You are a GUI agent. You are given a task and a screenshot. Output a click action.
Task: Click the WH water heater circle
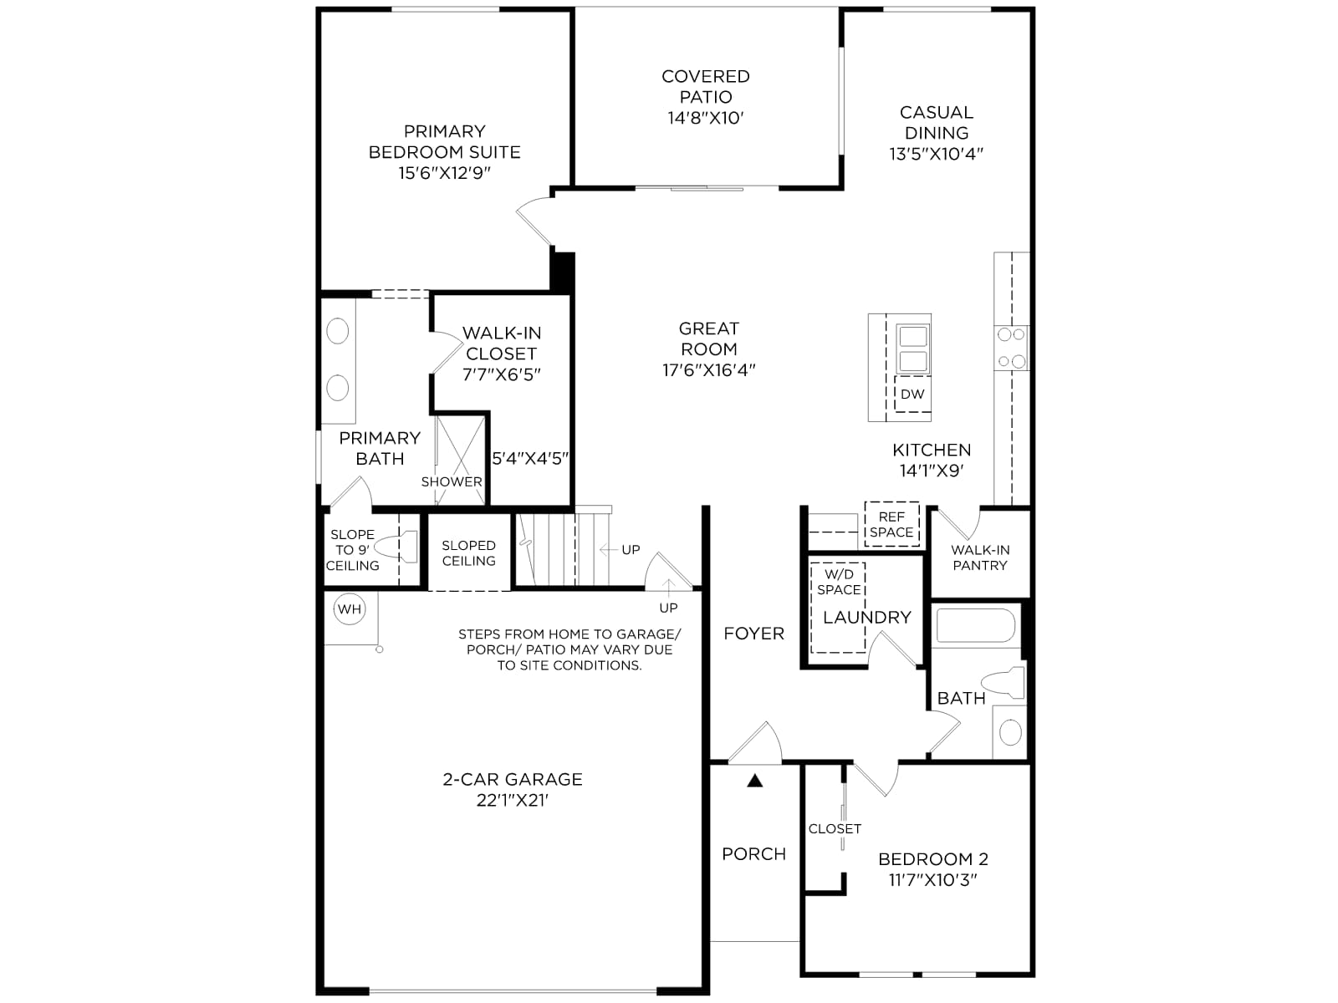(350, 609)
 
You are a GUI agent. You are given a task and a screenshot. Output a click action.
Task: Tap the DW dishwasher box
(912, 394)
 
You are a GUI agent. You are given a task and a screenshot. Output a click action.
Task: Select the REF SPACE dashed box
(891, 524)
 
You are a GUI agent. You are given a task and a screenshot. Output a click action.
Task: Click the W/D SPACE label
(839, 582)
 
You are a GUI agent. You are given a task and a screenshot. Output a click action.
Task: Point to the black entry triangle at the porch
(755, 780)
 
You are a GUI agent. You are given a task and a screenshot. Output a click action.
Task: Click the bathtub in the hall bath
(975, 625)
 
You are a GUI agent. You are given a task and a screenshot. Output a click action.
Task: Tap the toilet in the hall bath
(1003, 682)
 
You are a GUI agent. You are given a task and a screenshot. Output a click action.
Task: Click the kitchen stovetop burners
(1011, 348)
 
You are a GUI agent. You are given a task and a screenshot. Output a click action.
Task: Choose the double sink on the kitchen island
(912, 349)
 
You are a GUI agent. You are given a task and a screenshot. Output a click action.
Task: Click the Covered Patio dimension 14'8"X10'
(705, 118)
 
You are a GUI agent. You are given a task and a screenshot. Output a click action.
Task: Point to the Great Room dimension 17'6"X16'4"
(709, 369)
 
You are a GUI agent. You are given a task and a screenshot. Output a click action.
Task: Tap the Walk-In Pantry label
(980, 558)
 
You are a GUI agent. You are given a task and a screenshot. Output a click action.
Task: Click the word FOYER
(754, 634)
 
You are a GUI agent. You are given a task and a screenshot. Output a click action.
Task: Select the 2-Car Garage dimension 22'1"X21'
(513, 800)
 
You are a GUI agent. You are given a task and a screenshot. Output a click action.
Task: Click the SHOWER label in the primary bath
(452, 481)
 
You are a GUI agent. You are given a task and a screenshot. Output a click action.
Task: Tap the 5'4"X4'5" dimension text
(530, 459)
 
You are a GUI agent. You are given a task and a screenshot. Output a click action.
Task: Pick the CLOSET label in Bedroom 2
(835, 829)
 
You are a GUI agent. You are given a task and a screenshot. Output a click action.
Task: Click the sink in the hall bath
(1011, 732)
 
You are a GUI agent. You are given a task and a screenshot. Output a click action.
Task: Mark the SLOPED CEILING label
(469, 553)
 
